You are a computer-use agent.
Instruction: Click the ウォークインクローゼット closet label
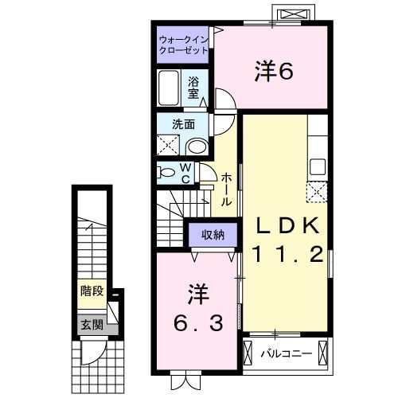click(x=183, y=44)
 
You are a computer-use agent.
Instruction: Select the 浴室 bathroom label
click(x=194, y=86)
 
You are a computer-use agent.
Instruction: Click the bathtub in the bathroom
click(x=170, y=86)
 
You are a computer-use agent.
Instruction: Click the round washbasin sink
click(x=197, y=145)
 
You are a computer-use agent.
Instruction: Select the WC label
click(x=185, y=173)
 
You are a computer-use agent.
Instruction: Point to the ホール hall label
click(x=227, y=189)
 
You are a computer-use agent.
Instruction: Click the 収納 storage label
click(x=212, y=234)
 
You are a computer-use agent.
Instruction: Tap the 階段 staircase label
click(x=92, y=291)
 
